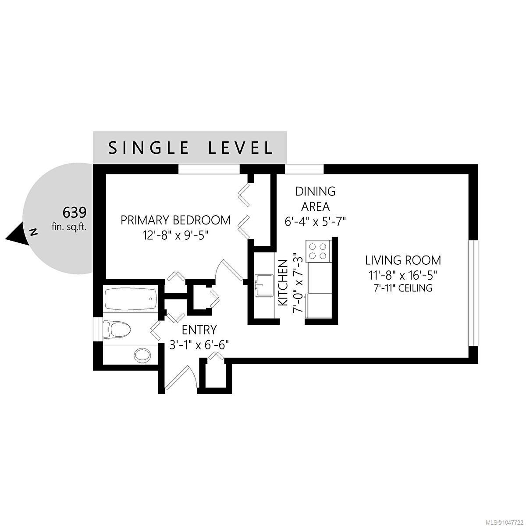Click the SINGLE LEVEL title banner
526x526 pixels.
190,147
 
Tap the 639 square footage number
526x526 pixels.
75,212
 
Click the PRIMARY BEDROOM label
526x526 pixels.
175,220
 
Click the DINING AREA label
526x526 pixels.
316,199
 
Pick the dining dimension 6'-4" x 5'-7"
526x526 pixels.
316,221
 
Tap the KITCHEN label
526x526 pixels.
283,283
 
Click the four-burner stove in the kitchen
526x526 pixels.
318,251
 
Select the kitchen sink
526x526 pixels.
264,285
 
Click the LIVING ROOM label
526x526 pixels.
403,260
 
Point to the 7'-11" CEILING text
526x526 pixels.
403,288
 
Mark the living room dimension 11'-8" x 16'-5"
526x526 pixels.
403,275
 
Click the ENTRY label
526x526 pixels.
199,330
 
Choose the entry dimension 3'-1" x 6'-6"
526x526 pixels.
199,345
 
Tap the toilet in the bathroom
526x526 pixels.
116,330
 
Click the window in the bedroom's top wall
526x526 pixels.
209,169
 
